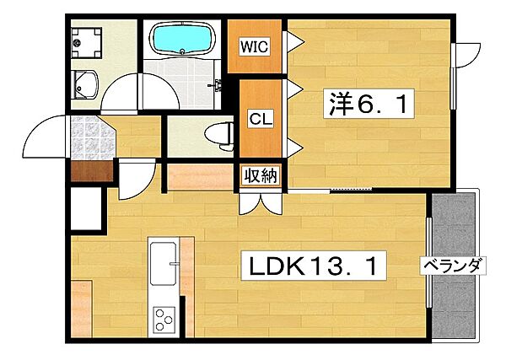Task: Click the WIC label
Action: click(x=255, y=46)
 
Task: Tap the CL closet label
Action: click(x=261, y=119)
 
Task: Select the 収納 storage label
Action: click(x=260, y=176)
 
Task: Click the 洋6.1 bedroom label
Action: click(x=369, y=104)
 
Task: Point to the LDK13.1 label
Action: click(x=314, y=266)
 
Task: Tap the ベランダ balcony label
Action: click(x=453, y=266)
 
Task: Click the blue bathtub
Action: click(x=182, y=39)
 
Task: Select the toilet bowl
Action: click(x=219, y=136)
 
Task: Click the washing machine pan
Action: click(x=87, y=43)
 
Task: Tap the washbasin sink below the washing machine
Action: click(x=84, y=84)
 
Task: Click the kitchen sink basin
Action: click(x=164, y=264)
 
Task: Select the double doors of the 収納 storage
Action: click(x=260, y=203)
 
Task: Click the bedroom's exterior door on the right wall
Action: click(x=466, y=55)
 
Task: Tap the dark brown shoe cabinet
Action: click(x=92, y=171)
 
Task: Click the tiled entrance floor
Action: click(x=93, y=138)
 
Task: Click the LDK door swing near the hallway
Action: click(x=137, y=180)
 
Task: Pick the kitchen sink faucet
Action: click(x=175, y=264)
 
